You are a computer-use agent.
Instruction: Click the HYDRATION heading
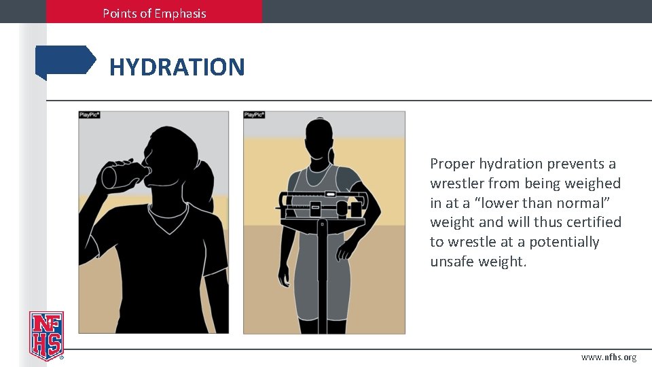[177, 67]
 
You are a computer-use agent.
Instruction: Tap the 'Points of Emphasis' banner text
[154, 13]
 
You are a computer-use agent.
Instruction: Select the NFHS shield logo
[46, 335]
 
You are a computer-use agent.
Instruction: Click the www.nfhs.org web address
[609, 357]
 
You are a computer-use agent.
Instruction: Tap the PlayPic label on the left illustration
[90, 116]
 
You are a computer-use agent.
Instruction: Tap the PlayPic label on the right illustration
[254, 116]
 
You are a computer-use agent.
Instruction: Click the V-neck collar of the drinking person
[168, 219]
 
